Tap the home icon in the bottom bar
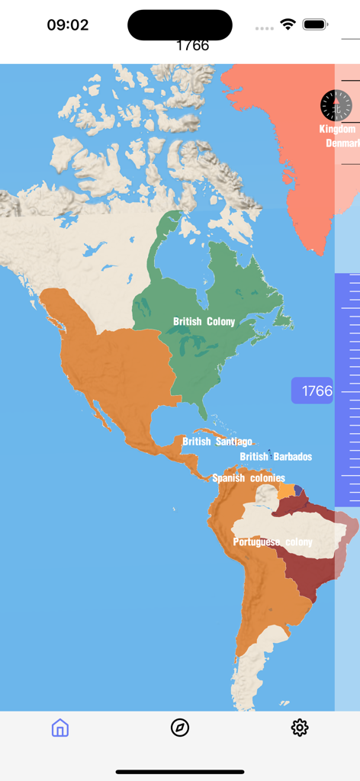[60, 728]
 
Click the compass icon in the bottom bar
[180, 728]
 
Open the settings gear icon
[300, 728]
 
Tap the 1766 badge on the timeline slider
[313, 391]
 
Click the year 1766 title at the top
[192, 45]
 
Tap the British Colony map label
[204, 322]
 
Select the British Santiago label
[217, 442]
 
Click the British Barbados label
[275, 457]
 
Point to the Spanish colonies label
[249, 478]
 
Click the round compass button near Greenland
[336, 106]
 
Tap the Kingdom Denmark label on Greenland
[339, 136]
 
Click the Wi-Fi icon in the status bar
[288, 24]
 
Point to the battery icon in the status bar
[315, 24]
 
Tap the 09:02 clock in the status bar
[68, 24]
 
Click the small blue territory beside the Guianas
[299, 490]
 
